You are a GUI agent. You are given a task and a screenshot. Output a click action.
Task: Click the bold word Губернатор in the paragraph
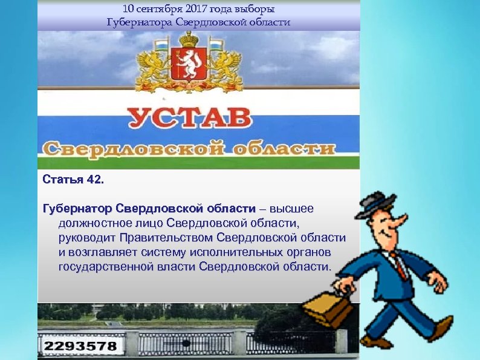tap(77, 209)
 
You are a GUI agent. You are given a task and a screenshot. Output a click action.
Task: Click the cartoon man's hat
tap(375, 203)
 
